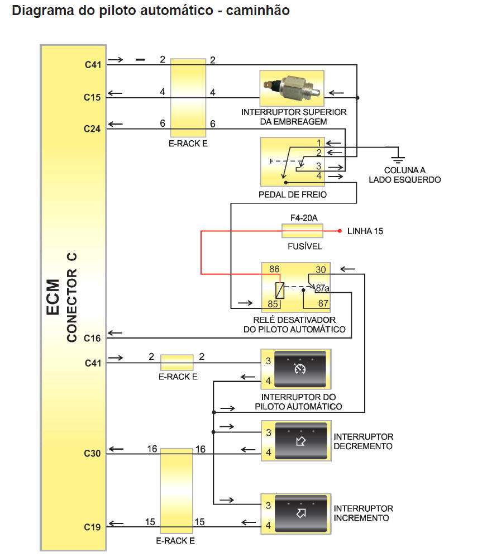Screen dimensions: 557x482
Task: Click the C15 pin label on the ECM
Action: point(92,97)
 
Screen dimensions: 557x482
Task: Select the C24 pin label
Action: point(92,128)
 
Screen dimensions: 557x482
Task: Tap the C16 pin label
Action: point(92,338)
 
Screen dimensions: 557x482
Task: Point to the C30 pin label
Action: point(92,453)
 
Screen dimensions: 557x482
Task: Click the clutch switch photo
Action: point(292,88)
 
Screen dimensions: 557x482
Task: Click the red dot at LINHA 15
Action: point(339,231)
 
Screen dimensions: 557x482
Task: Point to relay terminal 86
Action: point(274,269)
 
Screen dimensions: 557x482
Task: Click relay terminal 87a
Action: point(323,288)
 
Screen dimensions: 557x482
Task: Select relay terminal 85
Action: point(273,304)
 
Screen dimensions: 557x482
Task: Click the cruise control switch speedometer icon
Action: point(300,369)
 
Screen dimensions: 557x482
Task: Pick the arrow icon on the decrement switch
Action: point(299,441)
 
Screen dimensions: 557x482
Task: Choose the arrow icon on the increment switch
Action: point(300,514)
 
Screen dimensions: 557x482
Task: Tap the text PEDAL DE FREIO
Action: point(293,194)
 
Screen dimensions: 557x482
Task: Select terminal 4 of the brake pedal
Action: point(319,175)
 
